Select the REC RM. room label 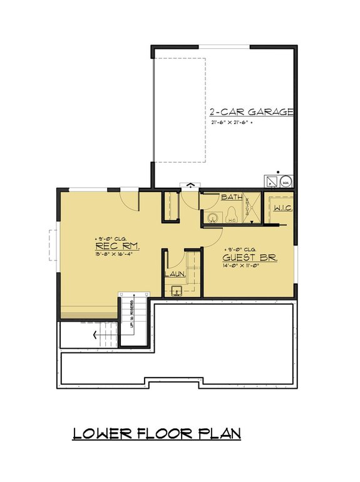[117, 247]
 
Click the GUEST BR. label [250, 257]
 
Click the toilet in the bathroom [231, 215]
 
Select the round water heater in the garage [286, 181]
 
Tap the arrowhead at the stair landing [95, 334]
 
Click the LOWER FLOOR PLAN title [157, 433]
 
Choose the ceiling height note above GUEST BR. [241, 249]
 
